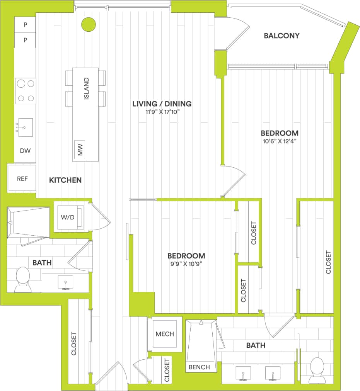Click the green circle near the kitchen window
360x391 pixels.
point(88,25)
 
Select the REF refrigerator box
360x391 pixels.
point(22,178)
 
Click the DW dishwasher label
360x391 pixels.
point(25,151)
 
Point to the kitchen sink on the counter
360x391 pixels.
point(26,127)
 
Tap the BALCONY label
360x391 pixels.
point(282,36)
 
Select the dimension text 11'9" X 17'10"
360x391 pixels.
point(162,112)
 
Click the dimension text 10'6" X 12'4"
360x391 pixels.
point(279,141)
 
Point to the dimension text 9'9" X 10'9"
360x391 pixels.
point(186,264)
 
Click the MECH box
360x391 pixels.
point(165,334)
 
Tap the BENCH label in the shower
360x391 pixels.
point(200,367)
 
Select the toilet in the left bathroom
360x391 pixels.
point(23,280)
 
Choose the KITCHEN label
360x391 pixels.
point(65,180)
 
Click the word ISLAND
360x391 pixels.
point(86,88)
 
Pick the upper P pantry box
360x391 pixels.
point(25,25)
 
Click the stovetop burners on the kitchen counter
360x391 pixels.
point(26,91)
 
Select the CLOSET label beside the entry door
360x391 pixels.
point(167,370)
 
